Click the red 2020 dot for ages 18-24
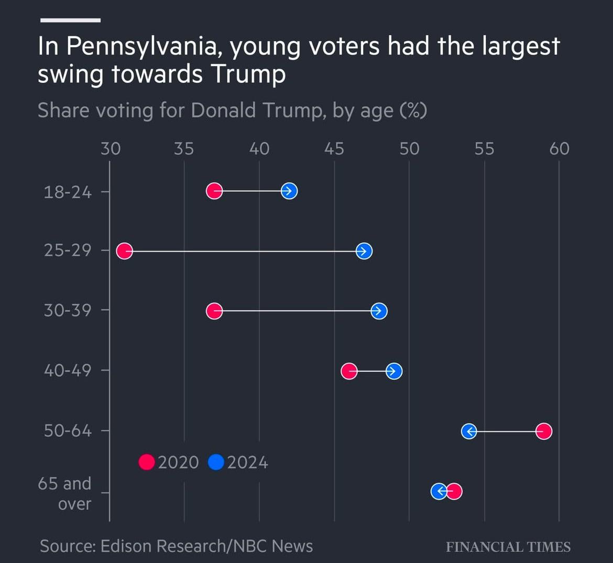coord(214,191)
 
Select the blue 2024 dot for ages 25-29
coord(364,251)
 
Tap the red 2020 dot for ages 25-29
coord(124,251)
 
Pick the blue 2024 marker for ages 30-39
coord(379,311)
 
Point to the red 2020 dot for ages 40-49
coord(349,371)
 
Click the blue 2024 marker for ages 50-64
coord(469,431)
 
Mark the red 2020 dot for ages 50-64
coord(544,431)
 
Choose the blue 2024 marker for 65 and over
coord(439,491)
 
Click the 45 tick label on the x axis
coord(334,149)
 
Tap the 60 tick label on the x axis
coord(559,149)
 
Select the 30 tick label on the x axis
coord(111,149)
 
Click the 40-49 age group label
coord(68,371)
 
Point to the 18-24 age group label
coord(68,192)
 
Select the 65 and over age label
coord(65,493)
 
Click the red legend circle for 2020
coord(147,462)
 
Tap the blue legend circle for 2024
coord(216,462)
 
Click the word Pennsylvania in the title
coord(142,47)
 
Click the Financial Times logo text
coord(508,547)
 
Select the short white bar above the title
coord(70,20)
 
